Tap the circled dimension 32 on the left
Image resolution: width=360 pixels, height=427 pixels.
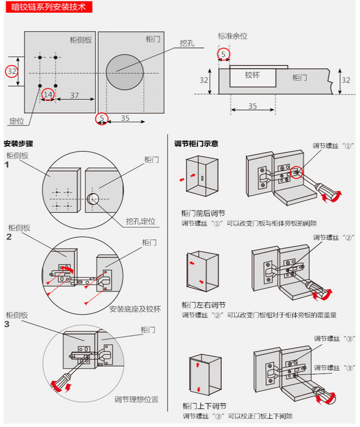(12, 72)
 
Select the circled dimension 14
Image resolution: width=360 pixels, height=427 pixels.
(48, 95)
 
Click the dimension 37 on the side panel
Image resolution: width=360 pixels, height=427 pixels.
(74, 95)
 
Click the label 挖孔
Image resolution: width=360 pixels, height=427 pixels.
(187, 43)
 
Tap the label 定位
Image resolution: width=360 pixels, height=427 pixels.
(16, 121)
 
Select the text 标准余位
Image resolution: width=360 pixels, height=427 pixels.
(232, 36)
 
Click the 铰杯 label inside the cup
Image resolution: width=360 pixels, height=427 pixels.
(252, 75)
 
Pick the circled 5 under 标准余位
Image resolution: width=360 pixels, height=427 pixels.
(223, 55)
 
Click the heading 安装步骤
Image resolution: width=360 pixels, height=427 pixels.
(18, 144)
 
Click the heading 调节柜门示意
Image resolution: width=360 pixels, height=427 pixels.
(196, 144)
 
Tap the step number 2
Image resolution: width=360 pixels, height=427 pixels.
(9, 237)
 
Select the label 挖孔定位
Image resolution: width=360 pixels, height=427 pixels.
(141, 221)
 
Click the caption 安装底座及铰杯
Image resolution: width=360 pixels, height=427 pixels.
(135, 309)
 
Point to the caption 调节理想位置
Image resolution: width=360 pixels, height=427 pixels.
(136, 400)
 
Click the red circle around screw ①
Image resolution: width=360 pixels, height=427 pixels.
(297, 172)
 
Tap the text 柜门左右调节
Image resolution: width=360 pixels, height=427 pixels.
(203, 305)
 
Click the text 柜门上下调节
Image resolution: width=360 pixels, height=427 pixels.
(204, 406)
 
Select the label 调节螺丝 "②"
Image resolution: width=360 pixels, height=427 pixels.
(334, 237)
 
